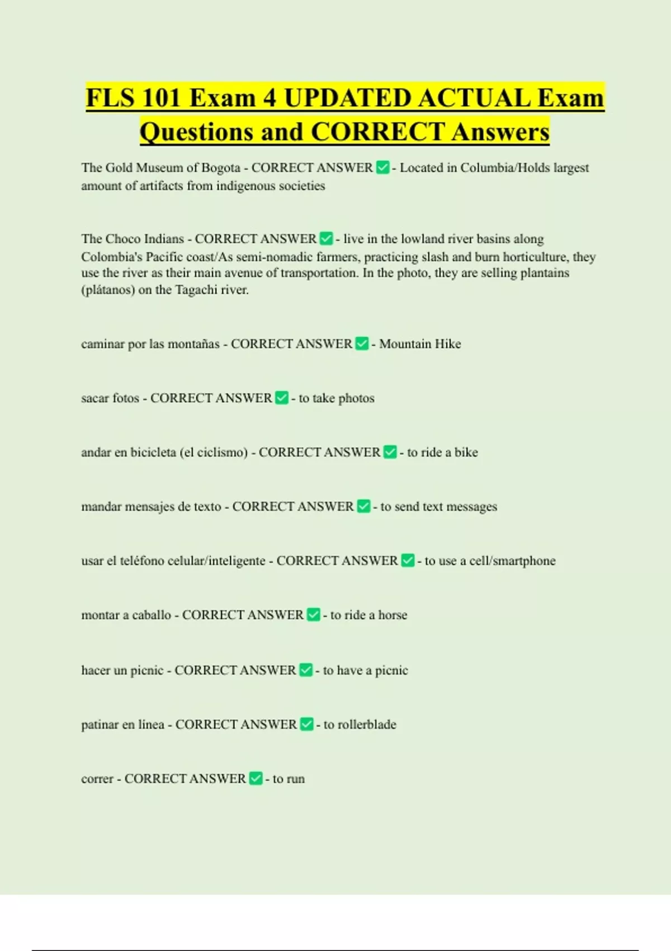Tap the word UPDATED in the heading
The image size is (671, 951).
coord(347,98)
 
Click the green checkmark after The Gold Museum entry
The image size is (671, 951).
coord(382,167)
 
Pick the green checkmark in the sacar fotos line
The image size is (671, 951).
coord(282,398)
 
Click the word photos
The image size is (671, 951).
coord(356,398)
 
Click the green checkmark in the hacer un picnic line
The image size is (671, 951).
coord(306,670)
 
